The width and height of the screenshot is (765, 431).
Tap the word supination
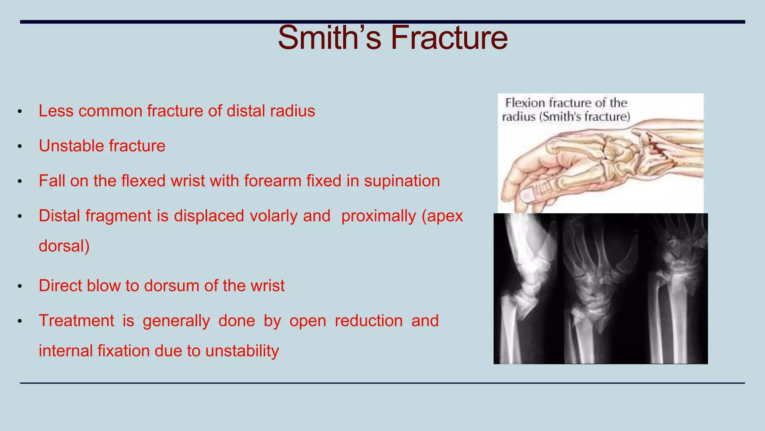pyautogui.click(x=402, y=181)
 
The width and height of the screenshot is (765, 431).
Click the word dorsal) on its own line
pyautogui.click(x=64, y=246)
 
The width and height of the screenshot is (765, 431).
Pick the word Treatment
pyautogui.click(x=77, y=321)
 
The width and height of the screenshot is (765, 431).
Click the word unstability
pyautogui.click(x=242, y=351)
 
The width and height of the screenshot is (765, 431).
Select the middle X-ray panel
pyautogui.click(x=601, y=288)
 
